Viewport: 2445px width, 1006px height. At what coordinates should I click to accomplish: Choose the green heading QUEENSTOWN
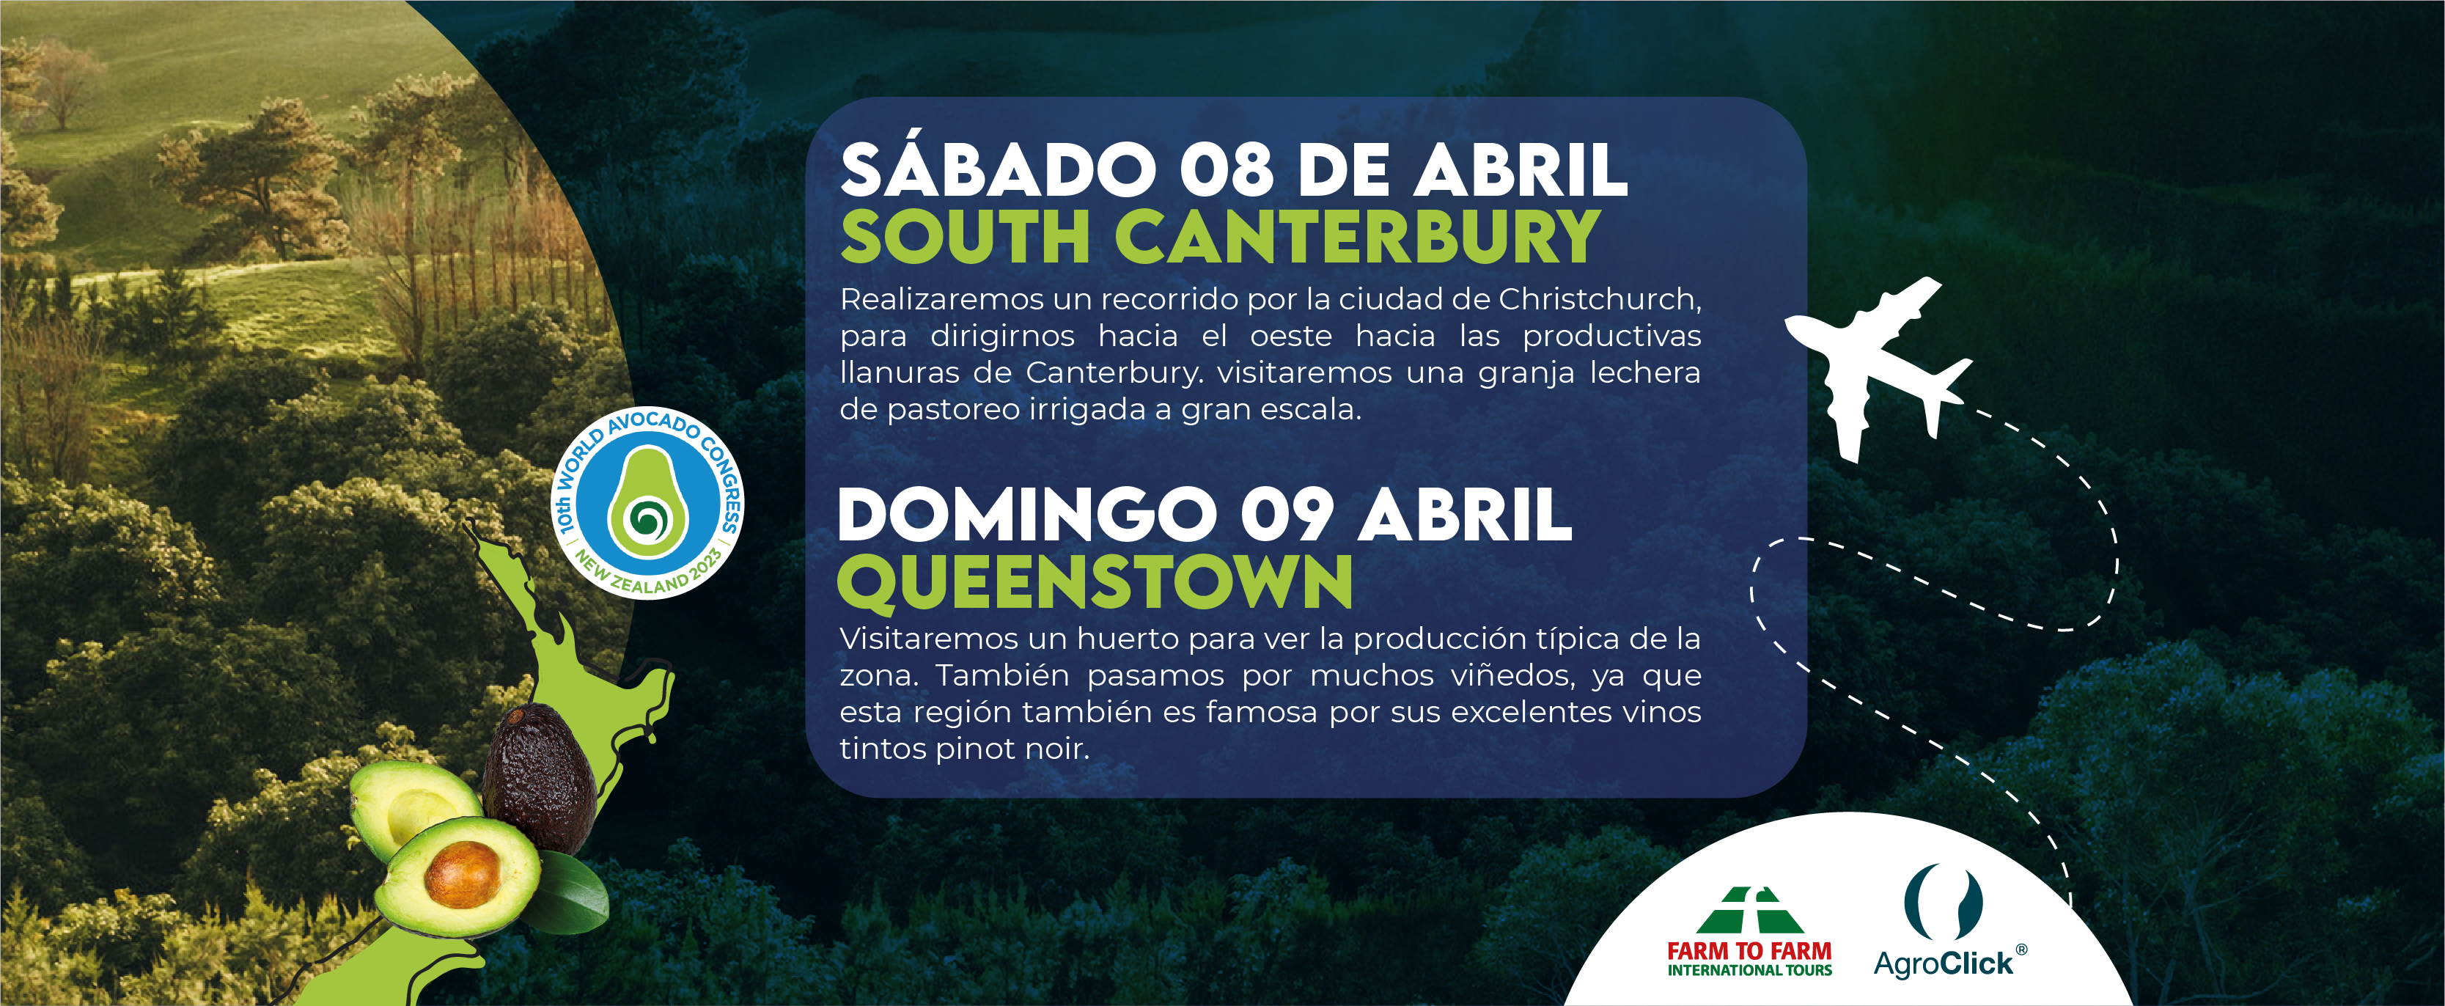point(1095,581)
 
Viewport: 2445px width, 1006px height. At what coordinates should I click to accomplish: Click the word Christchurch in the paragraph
point(1598,299)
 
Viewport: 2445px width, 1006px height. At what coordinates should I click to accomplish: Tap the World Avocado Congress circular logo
point(647,503)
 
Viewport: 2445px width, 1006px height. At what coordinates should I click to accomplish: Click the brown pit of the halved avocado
point(462,874)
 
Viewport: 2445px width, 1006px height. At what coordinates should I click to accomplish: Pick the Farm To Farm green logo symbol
point(1749,911)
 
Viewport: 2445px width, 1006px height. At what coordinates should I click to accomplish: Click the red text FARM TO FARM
point(1749,951)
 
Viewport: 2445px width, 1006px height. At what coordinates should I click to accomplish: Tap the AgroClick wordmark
point(1943,964)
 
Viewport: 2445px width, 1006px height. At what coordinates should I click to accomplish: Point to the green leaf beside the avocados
point(573,892)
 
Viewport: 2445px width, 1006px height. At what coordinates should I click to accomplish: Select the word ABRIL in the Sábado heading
point(1521,170)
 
